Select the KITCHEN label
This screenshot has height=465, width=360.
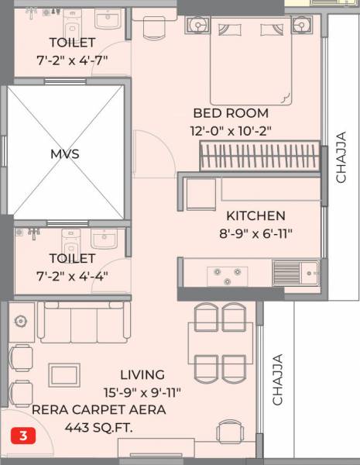(255, 215)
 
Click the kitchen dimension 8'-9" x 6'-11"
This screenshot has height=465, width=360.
(255, 232)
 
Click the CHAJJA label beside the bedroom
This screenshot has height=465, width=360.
(341, 158)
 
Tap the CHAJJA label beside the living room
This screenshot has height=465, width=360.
(277, 380)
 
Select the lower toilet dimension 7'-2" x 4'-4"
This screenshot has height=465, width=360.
(71, 275)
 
